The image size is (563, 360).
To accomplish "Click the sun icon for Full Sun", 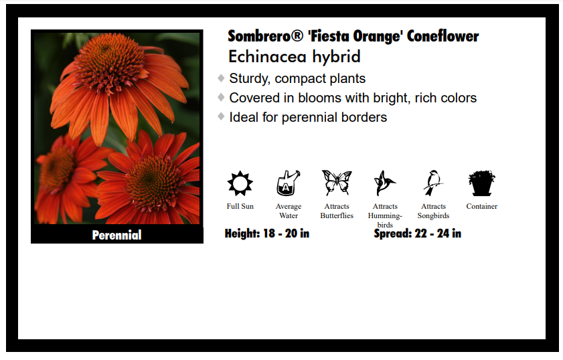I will coord(240,183).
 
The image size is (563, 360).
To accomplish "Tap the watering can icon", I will coord(288,183).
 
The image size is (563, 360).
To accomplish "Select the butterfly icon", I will coord(336,183).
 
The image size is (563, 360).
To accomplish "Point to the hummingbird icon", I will coord(384,183).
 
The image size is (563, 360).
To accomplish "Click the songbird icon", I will coord(433,183).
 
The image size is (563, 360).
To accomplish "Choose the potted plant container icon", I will coord(481,183).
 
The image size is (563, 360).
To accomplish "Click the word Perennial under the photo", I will coord(116,235).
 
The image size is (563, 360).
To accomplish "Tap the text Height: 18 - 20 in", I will coord(266,234).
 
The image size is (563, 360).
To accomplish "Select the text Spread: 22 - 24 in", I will coord(417,234).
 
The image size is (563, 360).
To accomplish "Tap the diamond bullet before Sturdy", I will coord(221,78).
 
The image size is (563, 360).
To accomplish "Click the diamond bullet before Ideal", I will coord(221,116).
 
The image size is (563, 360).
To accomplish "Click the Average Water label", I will coord(289,211).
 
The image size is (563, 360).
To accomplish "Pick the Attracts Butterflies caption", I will coord(337,211).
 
